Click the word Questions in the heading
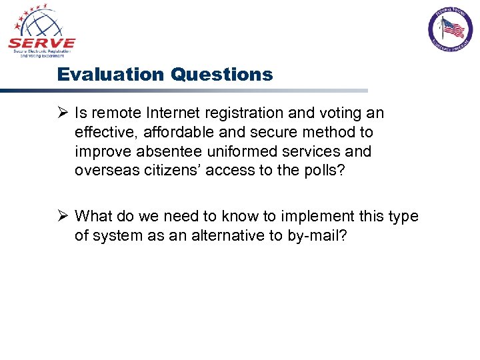coord(221,74)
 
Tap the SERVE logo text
coord(41,44)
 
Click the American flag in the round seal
coord(453,28)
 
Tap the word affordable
coord(171,133)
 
